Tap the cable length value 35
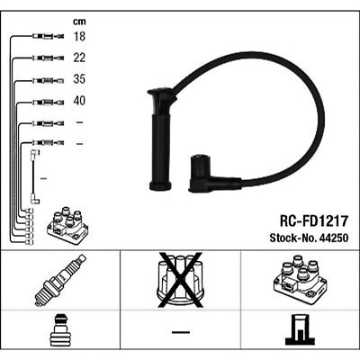coord(80,80)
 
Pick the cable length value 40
coord(80,101)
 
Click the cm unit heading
coord(78,20)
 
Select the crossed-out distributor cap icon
coord(179,280)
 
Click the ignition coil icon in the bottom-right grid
coord(297,280)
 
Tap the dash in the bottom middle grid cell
coord(180,332)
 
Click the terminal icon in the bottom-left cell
coord(60,330)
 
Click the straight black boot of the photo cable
coord(164,135)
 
